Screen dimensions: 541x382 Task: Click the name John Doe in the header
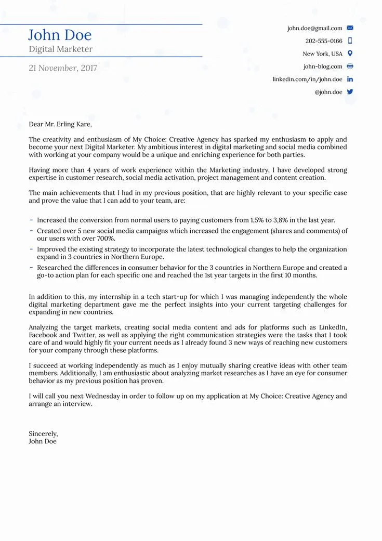point(60,35)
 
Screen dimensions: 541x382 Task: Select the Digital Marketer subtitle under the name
point(60,49)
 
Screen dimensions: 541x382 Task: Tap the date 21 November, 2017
point(63,68)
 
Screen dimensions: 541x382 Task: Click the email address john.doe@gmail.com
point(314,28)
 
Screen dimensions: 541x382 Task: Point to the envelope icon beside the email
point(350,28)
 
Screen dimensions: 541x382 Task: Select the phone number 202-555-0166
point(324,41)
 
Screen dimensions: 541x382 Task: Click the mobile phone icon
point(350,41)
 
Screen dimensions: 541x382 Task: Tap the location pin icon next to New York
point(350,54)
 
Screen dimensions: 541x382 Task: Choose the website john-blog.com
point(323,67)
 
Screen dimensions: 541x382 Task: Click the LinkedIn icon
point(350,79)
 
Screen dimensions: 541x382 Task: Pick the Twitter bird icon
point(350,91)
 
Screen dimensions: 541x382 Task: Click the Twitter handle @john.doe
point(328,92)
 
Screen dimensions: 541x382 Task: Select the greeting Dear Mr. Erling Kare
point(60,124)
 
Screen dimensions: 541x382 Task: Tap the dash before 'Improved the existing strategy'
point(32,249)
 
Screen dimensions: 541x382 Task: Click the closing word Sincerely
point(43,433)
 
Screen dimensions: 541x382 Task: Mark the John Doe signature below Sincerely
point(43,441)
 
